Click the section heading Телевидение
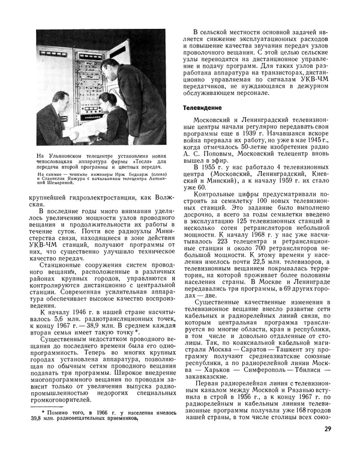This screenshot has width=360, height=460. [x=202, y=107]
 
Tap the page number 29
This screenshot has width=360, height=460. [x=327, y=429]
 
